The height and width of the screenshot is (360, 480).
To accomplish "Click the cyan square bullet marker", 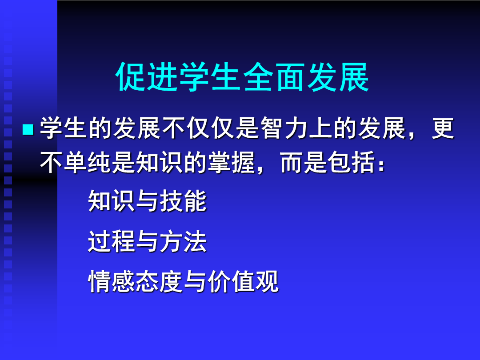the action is tap(28, 129).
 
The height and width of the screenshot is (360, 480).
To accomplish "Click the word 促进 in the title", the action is tap(147, 76).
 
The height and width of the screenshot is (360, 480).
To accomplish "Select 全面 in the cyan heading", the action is tap(274, 76).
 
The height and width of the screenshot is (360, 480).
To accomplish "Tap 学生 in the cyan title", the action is tap(210, 76).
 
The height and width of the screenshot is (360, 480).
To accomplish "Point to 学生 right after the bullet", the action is tap(64, 128).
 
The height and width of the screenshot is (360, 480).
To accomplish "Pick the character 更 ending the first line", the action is tap(443, 128).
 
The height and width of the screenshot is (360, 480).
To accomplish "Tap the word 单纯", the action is tap(88, 162).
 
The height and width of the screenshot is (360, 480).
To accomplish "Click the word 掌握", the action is tap(232, 162).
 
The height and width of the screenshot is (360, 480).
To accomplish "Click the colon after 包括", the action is tap(381, 165).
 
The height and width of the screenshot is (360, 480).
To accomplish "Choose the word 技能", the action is tap(184, 201).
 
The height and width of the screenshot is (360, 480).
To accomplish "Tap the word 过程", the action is tap(112, 241).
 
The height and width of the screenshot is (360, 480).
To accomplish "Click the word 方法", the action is tap(184, 241).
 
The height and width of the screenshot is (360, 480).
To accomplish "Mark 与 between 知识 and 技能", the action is tap(148, 201).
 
